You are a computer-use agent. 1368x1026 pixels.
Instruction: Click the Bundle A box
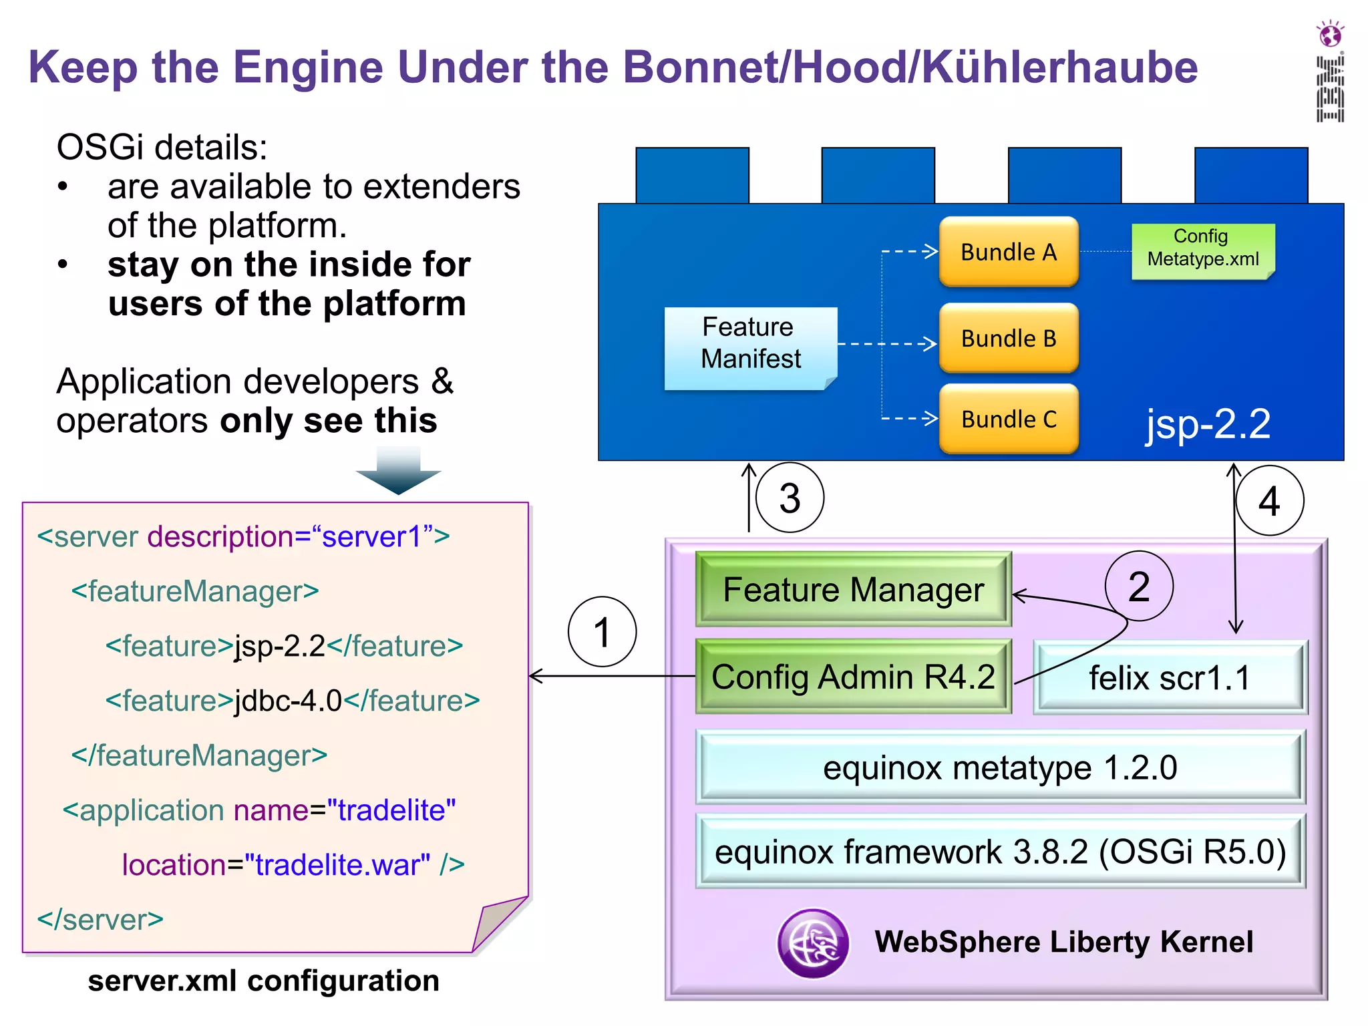point(1009,252)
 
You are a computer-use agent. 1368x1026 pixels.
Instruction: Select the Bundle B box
point(1009,339)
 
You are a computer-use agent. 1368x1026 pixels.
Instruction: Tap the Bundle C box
point(1009,419)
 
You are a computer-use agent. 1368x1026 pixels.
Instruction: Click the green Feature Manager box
point(853,589)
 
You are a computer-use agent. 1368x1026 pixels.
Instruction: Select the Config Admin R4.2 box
point(853,677)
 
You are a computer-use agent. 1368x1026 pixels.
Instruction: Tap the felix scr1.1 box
point(1169,678)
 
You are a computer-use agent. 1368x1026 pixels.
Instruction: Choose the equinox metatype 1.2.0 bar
point(1000,767)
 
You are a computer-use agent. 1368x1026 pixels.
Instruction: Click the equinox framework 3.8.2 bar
point(1000,852)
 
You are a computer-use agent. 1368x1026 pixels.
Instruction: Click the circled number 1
point(602,632)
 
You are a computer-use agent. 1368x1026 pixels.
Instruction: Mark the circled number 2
point(1139,586)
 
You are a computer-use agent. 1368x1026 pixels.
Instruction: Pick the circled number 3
point(790,498)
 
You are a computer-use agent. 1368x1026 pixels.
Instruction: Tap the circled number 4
point(1269,501)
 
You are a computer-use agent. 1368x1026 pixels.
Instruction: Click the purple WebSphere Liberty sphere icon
point(813,943)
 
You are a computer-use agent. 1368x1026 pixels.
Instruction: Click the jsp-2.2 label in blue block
point(1208,423)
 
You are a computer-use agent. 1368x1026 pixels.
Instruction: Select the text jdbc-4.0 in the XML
point(289,701)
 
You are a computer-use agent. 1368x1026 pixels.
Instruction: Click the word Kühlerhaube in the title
point(1060,67)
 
